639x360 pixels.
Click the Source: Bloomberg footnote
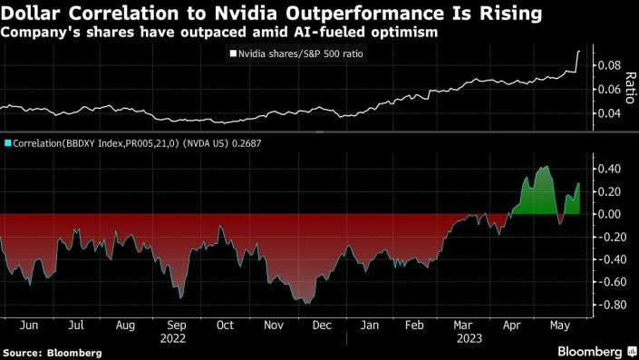click(x=52, y=351)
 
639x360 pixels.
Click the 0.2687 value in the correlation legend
click(x=244, y=143)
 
